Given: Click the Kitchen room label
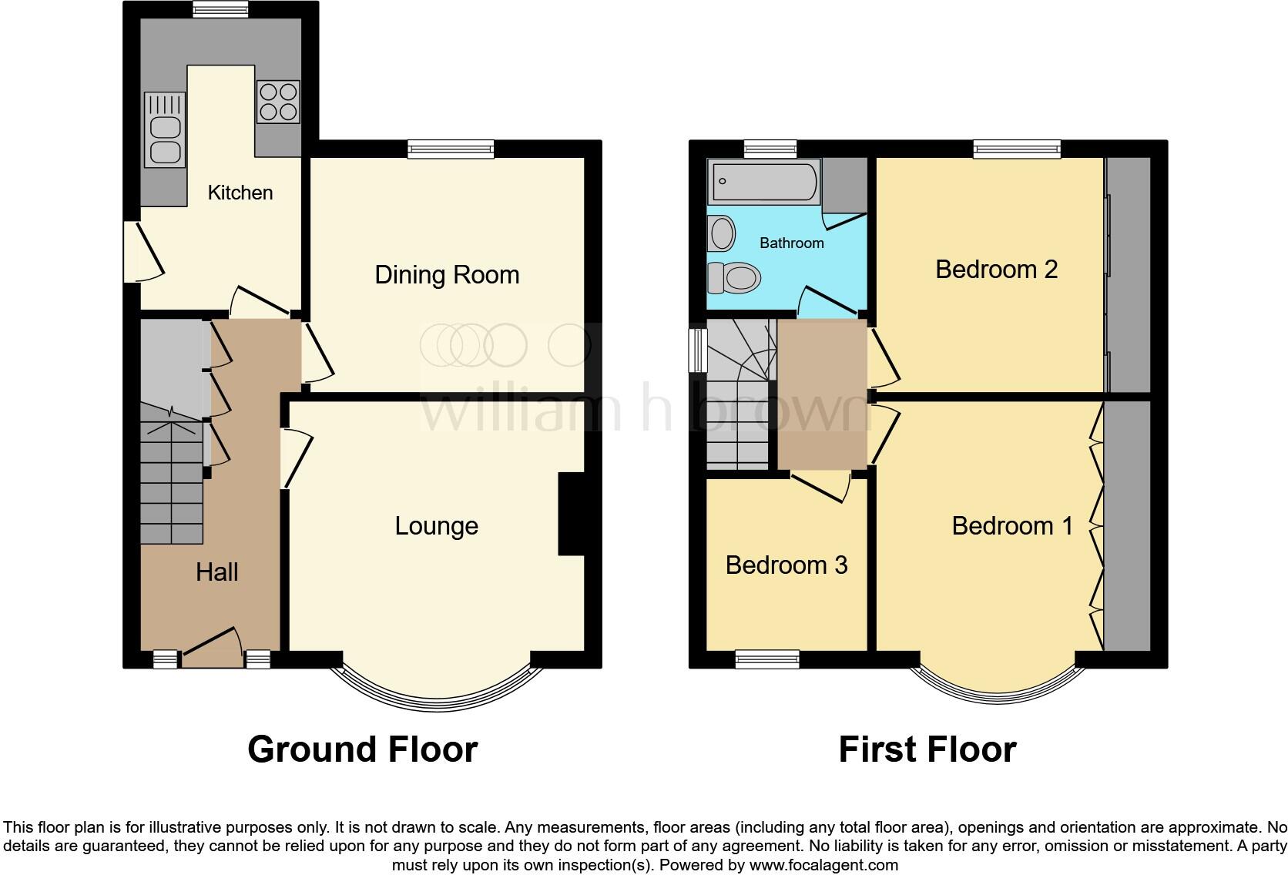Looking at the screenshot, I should [x=240, y=193].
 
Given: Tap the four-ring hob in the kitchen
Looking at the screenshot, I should [x=278, y=102].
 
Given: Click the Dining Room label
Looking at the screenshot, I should [x=447, y=275].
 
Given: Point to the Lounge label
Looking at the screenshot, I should [x=436, y=526].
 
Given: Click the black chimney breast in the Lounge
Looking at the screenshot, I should [x=571, y=513].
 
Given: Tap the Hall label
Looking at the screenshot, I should [x=216, y=572].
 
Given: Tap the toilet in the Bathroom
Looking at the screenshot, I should [x=734, y=277].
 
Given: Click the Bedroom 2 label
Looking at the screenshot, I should [x=996, y=270].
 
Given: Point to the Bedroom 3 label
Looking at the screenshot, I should [x=786, y=565].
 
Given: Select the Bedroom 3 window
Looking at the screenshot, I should [x=767, y=659].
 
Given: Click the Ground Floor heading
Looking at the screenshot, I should [x=362, y=749].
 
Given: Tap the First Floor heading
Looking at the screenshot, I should [x=927, y=749].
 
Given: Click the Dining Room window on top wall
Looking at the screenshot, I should [x=451, y=149].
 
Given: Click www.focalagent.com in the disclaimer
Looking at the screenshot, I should [x=823, y=865].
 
